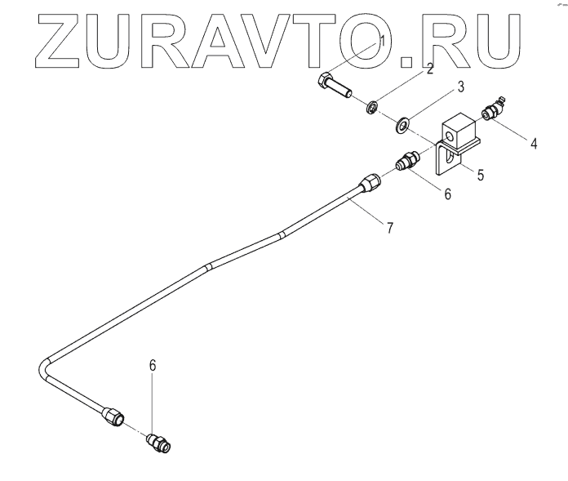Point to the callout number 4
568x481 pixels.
tap(533, 144)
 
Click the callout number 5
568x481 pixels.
tap(481, 174)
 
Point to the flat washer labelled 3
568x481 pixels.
tap(402, 124)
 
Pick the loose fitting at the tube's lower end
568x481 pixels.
tap(157, 443)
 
